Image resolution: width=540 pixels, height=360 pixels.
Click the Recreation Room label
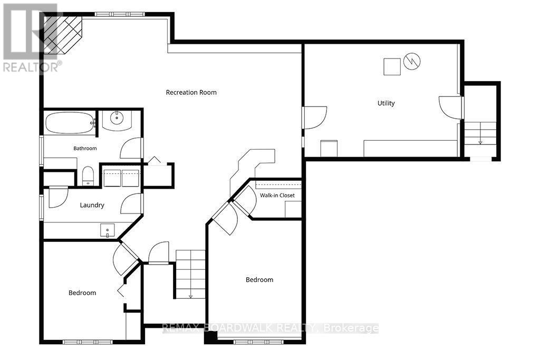click(x=191, y=92)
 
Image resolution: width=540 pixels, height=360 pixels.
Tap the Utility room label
click(x=386, y=103)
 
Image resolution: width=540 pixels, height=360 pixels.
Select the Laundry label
click(x=92, y=205)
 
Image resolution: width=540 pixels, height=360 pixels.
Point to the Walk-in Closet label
click(x=277, y=195)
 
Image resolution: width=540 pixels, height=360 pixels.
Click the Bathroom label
click(x=85, y=148)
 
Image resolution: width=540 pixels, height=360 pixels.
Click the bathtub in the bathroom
click(x=70, y=123)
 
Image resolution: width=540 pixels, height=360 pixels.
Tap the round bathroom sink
click(x=117, y=118)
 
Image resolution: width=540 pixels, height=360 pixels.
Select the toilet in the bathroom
click(x=88, y=176)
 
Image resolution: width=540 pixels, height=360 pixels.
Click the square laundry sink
click(x=108, y=230)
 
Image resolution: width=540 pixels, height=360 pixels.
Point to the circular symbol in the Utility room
click(x=412, y=61)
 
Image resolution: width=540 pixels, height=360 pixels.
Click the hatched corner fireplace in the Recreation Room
click(x=63, y=34)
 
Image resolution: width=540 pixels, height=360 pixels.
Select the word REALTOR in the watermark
click(x=30, y=67)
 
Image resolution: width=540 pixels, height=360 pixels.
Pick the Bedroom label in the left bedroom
click(x=82, y=293)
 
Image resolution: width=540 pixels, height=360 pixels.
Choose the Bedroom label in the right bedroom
click(x=259, y=280)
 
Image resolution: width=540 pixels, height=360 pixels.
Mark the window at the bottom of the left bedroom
click(x=88, y=342)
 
